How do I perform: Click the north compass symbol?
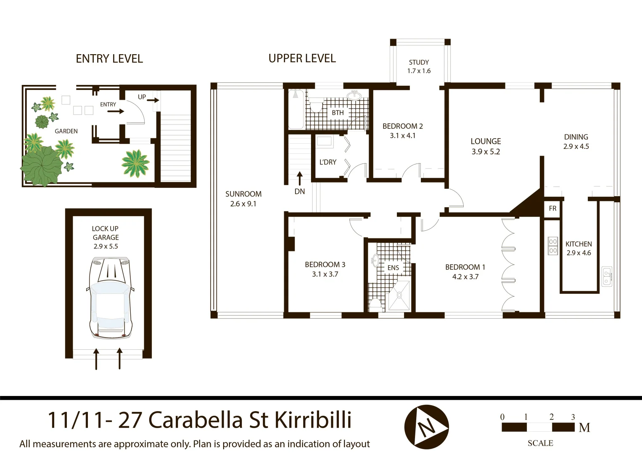point(426,427)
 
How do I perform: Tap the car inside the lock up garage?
point(110,298)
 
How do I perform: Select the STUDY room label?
point(419,62)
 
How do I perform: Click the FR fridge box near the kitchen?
point(552,209)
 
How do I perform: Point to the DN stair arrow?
point(299,178)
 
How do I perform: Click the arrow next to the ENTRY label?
point(116,111)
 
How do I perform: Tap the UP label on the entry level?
point(142,97)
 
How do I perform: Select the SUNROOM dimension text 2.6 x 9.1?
point(243,204)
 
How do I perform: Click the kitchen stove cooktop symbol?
point(553,246)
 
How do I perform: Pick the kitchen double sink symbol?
point(606,276)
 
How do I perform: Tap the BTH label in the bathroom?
point(338,113)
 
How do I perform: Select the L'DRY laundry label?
point(328,162)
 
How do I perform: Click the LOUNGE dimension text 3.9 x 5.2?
point(486,152)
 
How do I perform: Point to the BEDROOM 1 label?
point(465,267)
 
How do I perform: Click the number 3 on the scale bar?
point(573,417)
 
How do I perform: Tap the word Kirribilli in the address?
point(313,420)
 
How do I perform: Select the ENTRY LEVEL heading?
point(109,59)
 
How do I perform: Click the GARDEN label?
point(66,131)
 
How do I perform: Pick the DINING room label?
point(576,137)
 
